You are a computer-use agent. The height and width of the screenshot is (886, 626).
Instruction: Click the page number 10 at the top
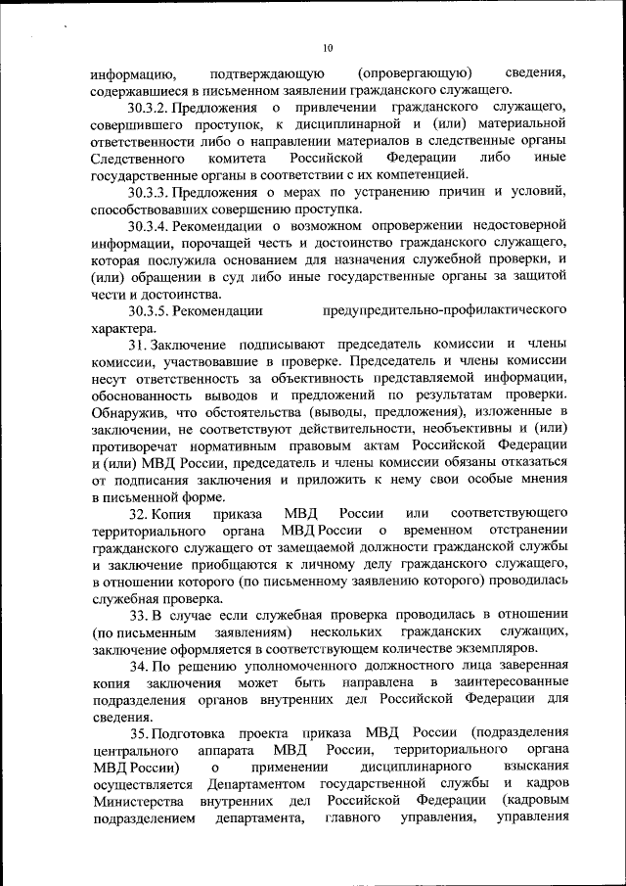coord(328,47)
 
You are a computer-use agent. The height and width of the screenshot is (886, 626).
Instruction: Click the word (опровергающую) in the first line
coord(417,72)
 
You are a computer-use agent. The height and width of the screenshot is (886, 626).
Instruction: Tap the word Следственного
coord(138,158)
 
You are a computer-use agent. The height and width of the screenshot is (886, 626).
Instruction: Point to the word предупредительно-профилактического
coord(446,311)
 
